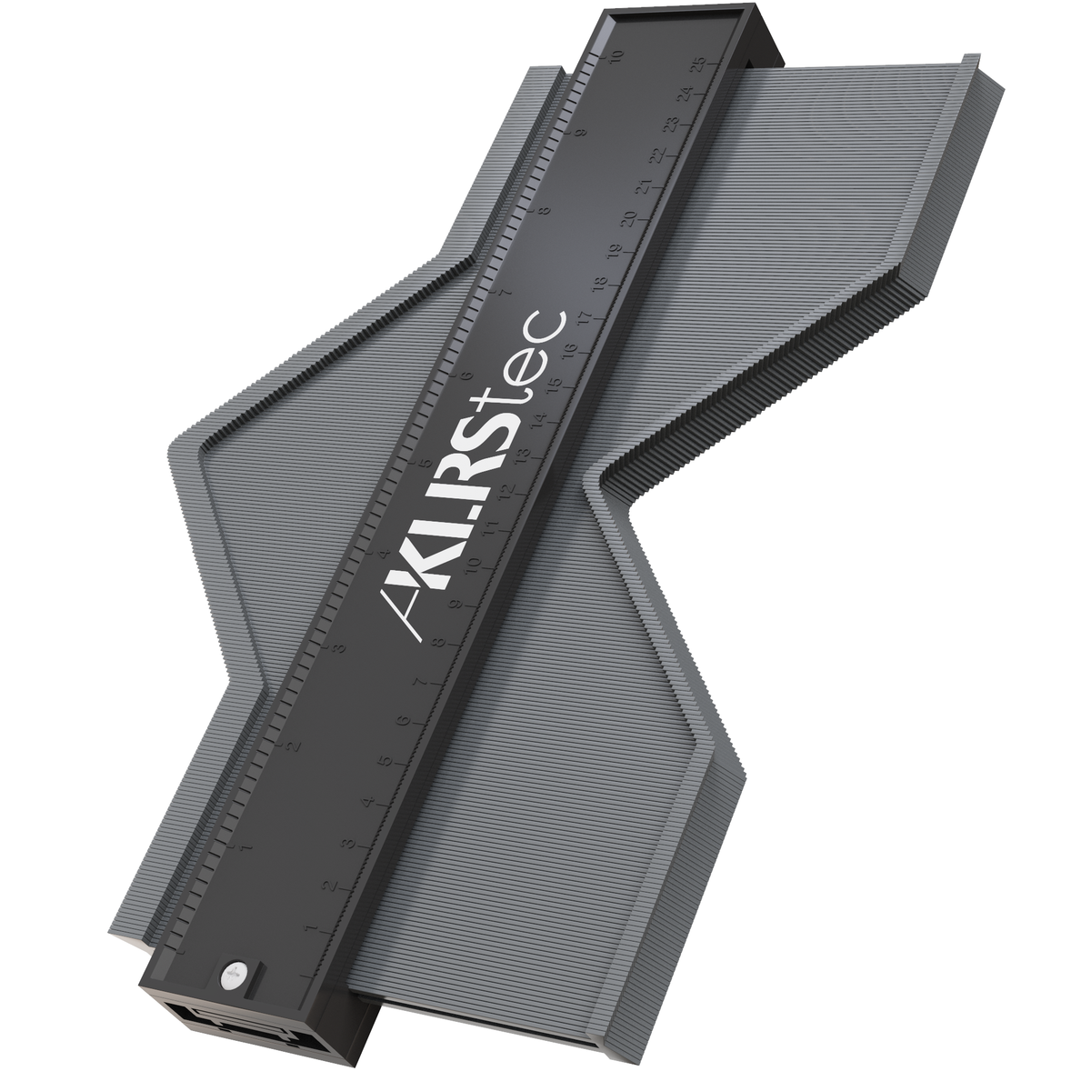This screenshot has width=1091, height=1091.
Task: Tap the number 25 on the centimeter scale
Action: pos(698,65)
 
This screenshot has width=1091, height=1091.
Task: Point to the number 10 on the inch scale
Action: pos(617,57)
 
